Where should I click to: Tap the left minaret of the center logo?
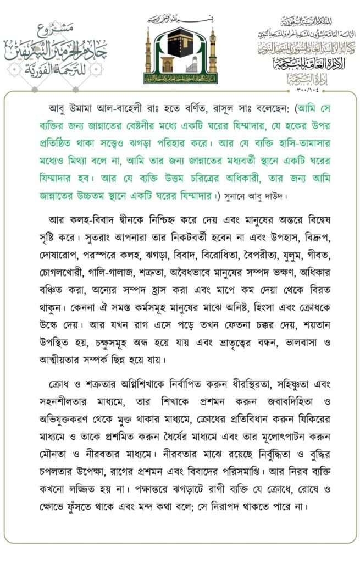(148, 51)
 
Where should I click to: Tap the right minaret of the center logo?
(213, 51)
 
